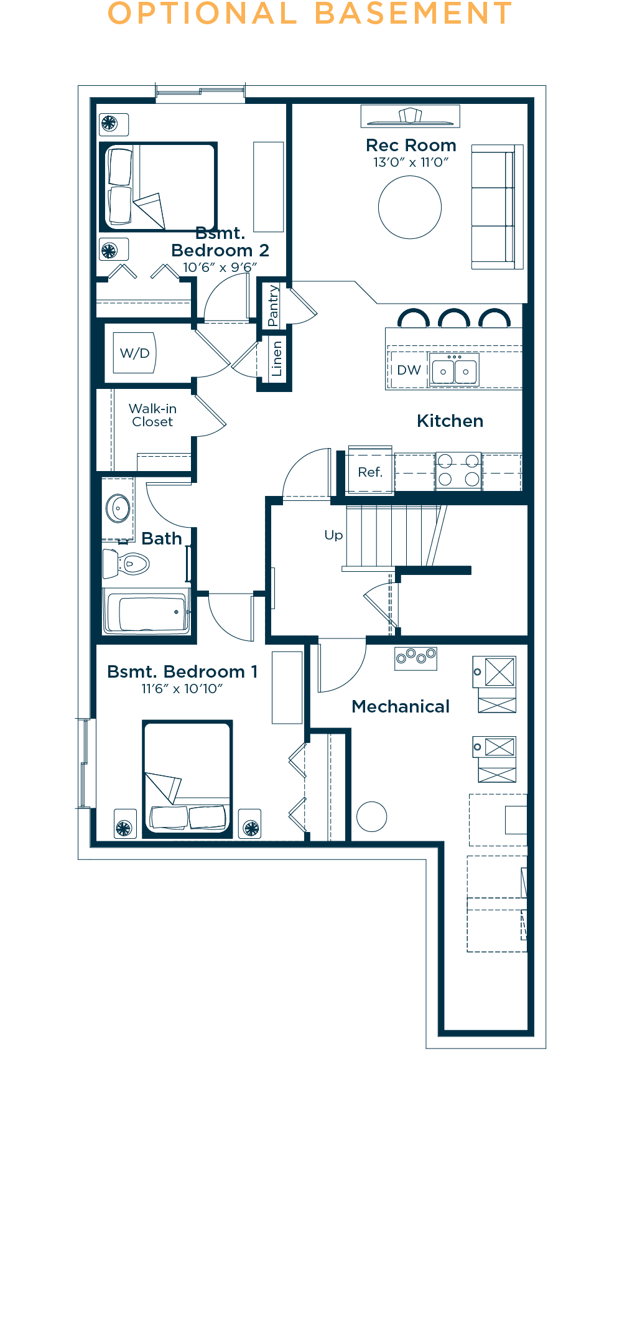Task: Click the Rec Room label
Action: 411,145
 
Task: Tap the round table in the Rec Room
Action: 410,207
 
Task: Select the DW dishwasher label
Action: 409,370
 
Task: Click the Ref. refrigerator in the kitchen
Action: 370,471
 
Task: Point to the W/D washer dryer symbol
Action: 134,353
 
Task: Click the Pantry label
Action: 273,306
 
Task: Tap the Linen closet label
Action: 276,359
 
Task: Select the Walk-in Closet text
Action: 152,415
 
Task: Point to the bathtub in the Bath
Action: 146,612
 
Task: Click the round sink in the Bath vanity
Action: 118,508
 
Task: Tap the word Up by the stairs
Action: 333,535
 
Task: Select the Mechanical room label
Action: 401,706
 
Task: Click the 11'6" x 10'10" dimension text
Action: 182,688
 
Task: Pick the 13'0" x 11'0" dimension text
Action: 411,162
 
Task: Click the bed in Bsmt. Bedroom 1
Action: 187,779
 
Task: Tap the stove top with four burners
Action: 458,470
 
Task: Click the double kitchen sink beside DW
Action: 454,370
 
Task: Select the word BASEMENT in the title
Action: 413,14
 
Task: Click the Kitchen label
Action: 450,421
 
